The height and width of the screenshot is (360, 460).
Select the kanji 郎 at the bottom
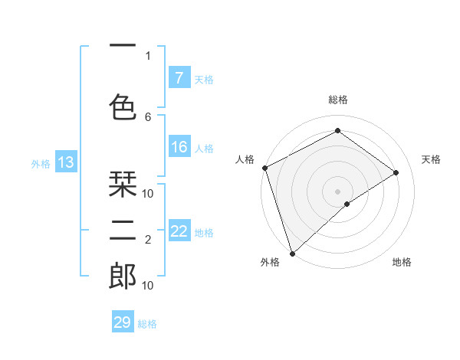point(123,276)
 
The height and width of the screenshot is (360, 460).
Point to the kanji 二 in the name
point(123,231)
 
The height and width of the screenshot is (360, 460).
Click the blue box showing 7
point(179,77)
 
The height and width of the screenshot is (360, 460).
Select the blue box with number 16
point(179,147)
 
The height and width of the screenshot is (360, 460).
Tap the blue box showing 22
point(179,231)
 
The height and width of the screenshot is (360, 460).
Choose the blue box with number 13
point(66,162)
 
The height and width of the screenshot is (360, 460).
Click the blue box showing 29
point(123,322)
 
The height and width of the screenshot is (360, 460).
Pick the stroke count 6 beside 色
point(148,116)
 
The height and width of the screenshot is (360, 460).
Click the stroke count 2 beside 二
point(148,240)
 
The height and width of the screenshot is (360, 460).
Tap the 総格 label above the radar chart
point(338,100)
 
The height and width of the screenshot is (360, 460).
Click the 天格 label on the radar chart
point(431,159)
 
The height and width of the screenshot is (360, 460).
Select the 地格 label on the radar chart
point(402,262)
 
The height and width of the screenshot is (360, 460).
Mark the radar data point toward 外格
point(291,253)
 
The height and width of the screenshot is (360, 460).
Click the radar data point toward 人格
point(264,168)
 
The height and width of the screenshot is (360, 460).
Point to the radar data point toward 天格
point(396,172)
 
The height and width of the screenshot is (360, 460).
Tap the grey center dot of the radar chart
point(337,191)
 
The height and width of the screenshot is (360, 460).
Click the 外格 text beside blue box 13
point(41,163)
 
